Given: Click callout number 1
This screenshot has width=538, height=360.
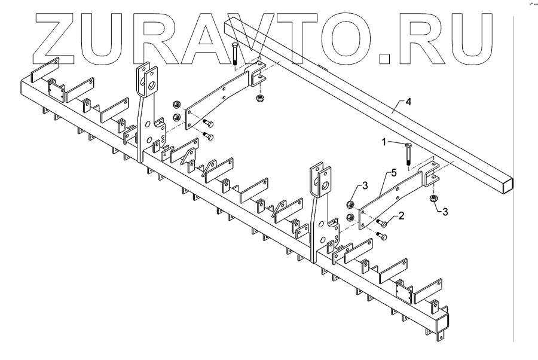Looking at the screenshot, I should click(x=387, y=142).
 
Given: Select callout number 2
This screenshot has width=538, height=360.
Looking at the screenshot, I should click(x=402, y=215).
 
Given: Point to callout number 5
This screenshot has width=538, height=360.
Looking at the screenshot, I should click(x=393, y=172).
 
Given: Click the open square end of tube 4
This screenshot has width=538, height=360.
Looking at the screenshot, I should click(x=506, y=184).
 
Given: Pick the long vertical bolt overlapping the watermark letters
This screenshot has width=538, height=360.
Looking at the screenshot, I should click(x=235, y=54).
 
